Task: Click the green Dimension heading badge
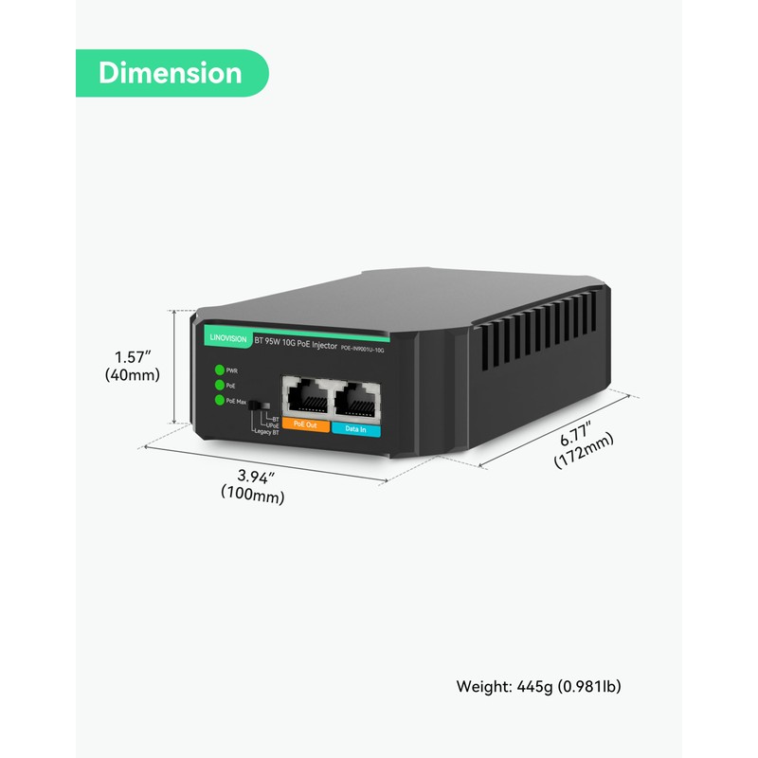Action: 171,73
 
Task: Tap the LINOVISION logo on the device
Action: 222,334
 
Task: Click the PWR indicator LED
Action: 220,370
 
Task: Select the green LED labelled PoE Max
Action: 220,400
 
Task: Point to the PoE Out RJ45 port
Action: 305,397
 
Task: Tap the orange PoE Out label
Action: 304,426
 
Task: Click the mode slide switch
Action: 254,406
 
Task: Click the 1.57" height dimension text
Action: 134,357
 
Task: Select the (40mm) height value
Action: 133,374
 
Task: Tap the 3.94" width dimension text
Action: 253,476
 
